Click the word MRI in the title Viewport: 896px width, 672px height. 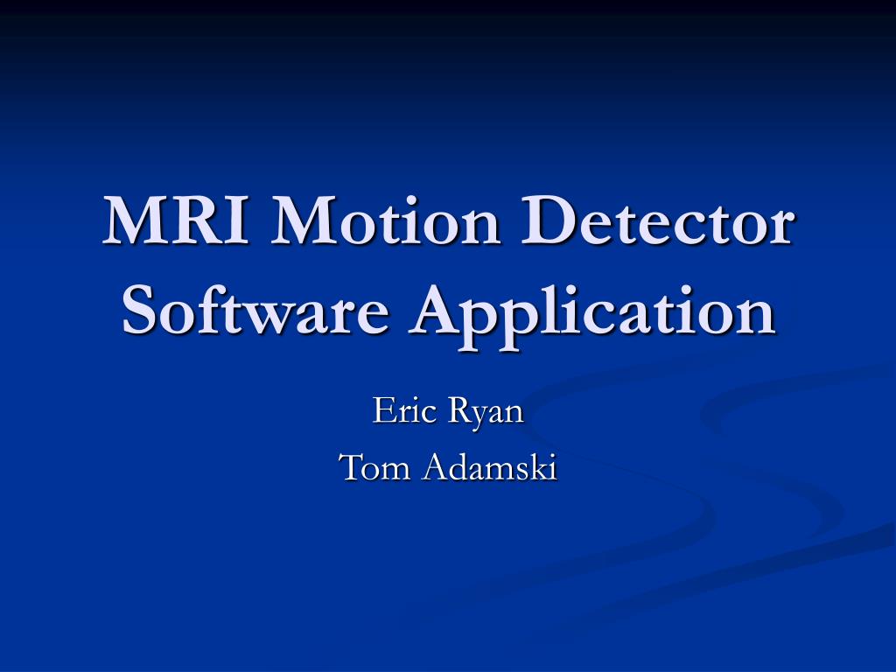pyautogui.click(x=179, y=222)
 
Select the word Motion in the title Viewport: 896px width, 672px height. pyautogui.click(x=382, y=222)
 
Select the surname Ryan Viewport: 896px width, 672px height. pyautogui.click(x=486, y=411)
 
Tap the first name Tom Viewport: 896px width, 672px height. pyautogui.click(x=374, y=467)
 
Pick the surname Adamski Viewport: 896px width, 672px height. pyautogui.click(x=488, y=467)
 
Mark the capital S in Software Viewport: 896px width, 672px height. pyautogui.click(x=139, y=311)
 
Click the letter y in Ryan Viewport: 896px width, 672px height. pyautogui.click(x=478, y=414)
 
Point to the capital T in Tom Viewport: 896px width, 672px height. pyautogui.click(x=351, y=467)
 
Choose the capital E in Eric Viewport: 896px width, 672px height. pyautogui.click(x=383, y=409)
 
